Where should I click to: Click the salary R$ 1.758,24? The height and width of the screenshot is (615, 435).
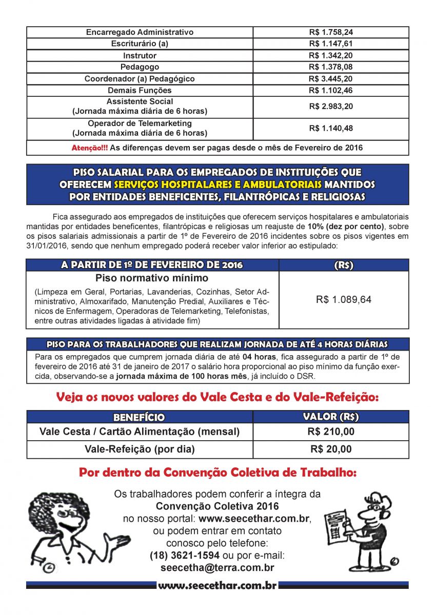point(331,32)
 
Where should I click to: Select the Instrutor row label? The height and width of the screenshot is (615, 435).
point(140,55)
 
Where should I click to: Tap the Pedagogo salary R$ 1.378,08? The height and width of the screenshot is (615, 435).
point(331,67)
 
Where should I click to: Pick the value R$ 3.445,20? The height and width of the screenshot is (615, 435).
point(331,79)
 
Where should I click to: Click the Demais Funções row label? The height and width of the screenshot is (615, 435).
point(140,91)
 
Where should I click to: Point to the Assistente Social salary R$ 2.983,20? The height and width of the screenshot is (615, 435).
point(331,107)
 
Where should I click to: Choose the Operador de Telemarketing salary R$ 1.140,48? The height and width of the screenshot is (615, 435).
point(331,129)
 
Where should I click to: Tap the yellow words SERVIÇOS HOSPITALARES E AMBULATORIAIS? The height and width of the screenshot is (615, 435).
point(218,184)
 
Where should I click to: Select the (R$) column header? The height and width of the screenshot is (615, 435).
point(344,265)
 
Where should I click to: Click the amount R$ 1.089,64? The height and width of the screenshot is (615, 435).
point(344,300)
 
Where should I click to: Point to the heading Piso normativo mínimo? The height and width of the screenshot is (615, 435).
point(152,278)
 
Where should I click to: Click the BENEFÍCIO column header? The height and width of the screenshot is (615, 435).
point(139,417)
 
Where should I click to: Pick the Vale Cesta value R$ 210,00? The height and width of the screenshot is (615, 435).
point(331,432)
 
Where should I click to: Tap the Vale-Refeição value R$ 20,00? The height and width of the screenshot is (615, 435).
point(331,449)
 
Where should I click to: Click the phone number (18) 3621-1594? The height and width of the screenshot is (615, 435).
point(185,556)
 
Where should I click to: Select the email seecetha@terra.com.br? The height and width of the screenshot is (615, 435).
point(217,568)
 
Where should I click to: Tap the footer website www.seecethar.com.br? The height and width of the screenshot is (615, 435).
point(217,585)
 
